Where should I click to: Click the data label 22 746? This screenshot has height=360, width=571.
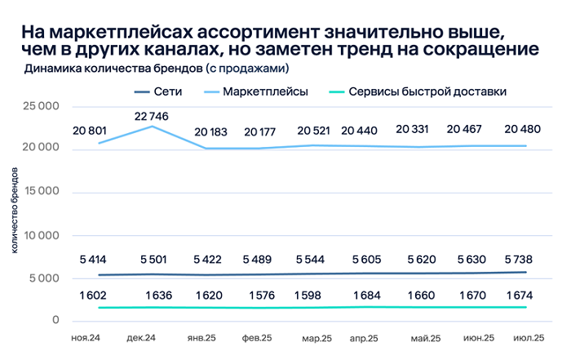pyautogui.click(x=152, y=116)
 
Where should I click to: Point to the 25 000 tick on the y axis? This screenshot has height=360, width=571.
pyautogui.click(x=40, y=106)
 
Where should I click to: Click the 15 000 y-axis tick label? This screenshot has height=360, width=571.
pyautogui.click(x=40, y=192)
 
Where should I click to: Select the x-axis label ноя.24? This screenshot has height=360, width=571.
pyautogui.click(x=86, y=337)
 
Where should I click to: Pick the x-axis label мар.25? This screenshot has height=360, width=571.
pyautogui.click(x=316, y=337)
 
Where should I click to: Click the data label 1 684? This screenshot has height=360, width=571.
pyautogui.click(x=365, y=295)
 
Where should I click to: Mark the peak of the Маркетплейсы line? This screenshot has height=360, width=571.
pyautogui.click(x=152, y=127)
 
